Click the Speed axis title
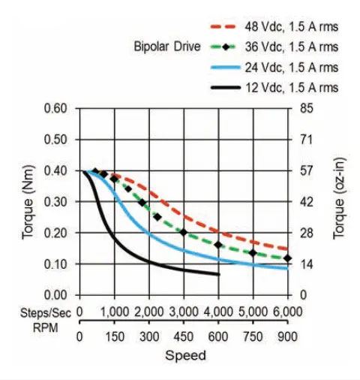184,355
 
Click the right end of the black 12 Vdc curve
219,274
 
